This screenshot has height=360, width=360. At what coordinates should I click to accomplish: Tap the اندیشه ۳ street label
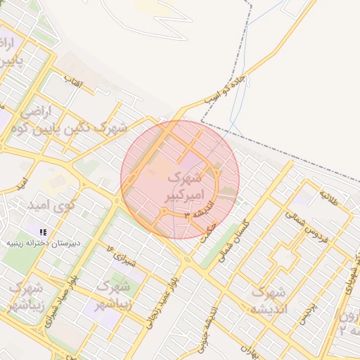(196, 213)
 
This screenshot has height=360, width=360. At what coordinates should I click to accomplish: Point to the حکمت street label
(208, 233)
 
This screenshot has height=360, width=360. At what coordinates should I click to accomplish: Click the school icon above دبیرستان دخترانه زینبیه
(44, 231)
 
